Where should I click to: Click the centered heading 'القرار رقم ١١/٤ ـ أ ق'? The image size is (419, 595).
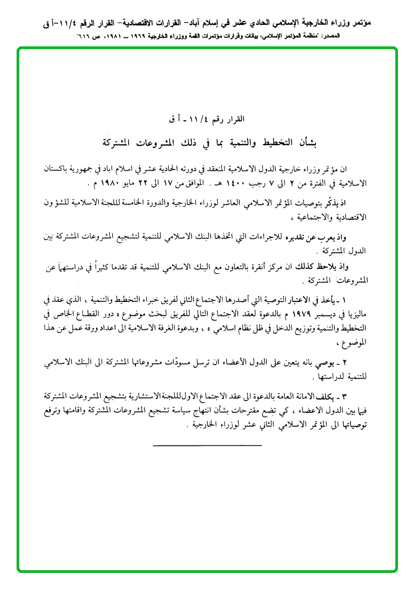coord(208,119)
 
